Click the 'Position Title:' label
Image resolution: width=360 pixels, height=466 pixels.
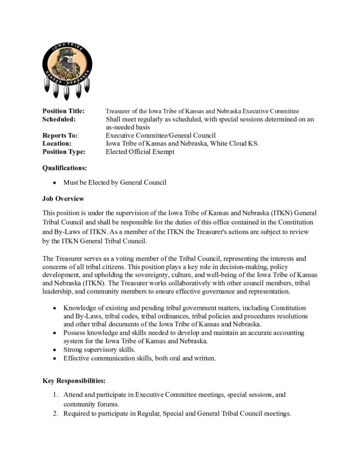[x=64, y=111]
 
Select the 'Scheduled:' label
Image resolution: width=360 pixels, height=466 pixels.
[x=59, y=119]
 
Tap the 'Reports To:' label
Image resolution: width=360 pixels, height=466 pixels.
[x=60, y=136]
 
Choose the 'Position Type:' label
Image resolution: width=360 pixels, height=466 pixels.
[x=64, y=152]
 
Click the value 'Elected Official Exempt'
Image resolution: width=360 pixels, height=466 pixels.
[x=140, y=152]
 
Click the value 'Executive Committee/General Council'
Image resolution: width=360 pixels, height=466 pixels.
[x=161, y=136]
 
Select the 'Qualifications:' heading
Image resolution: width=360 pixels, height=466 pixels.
[x=65, y=168]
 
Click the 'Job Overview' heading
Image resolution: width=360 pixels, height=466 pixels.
[x=63, y=199]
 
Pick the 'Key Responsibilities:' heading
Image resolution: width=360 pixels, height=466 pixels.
[x=74, y=380]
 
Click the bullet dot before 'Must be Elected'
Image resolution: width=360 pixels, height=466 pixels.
[x=55, y=183]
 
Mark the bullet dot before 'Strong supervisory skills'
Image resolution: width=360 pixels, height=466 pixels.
[x=55, y=350]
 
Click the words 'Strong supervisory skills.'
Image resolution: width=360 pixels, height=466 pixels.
[x=99, y=350]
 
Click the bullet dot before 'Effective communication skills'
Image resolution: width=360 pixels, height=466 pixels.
[x=55, y=359]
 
